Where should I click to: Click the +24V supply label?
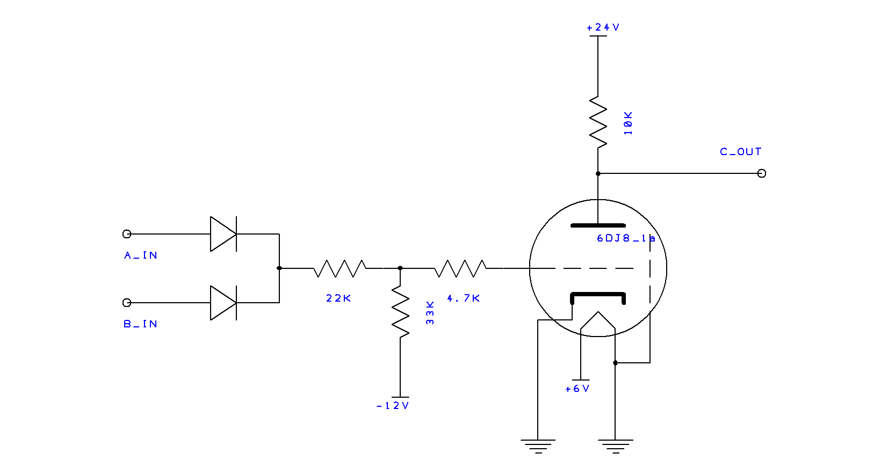[x=603, y=27]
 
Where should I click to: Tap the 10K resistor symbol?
[x=598, y=122]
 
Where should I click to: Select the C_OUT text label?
[x=740, y=152]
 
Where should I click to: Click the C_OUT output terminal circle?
[x=762, y=173]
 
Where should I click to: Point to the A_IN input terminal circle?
[x=127, y=234]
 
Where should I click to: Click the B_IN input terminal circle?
[x=127, y=303]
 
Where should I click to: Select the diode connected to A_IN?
[x=223, y=234]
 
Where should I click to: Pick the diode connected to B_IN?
[x=223, y=303]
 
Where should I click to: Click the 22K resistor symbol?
[x=340, y=268]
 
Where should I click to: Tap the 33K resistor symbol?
[x=400, y=311]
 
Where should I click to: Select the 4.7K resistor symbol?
[x=460, y=268]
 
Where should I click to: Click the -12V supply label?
[x=393, y=406]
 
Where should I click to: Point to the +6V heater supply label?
[x=577, y=389]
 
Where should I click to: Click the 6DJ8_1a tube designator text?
[x=626, y=238]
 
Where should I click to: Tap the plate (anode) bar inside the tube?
[x=598, y=225]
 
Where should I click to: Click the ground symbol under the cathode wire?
[x=538, y=446]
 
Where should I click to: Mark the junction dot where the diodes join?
[x=279, y=268]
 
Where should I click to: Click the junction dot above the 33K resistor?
[x=400, y=268]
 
